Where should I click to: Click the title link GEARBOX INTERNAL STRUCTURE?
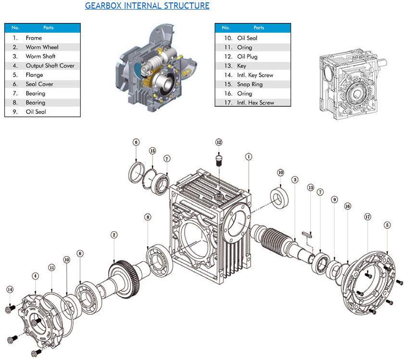[x=147, y=6]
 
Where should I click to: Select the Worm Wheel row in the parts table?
[x=42, y=47]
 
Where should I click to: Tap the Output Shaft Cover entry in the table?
[x=50, y=65]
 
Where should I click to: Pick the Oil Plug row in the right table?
[x=247, y=57]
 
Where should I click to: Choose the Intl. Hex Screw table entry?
[x=255, y=102]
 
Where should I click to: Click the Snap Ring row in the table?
[x=249, y=84]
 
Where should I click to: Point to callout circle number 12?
[x=219, y=142]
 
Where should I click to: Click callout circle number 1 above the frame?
[x=249, y=156]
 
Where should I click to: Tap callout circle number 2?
[x=114, y=235]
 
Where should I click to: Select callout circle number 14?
[x=10, y=289]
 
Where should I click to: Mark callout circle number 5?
[x=387, y=224]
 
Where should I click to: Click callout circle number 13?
[x=310, y=187]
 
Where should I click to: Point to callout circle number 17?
[x=368, y=217]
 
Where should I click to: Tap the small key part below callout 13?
[x=307, y=234]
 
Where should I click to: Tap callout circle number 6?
[x=136, y=142]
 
